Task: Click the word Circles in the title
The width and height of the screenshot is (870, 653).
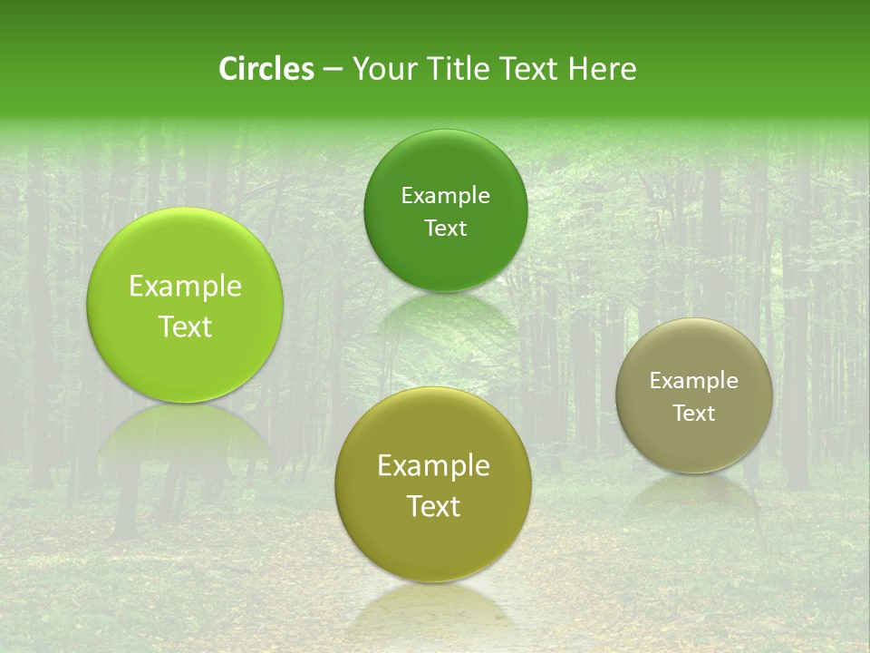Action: (x=266, y=69)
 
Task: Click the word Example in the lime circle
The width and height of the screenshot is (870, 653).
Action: (x=185, y=287)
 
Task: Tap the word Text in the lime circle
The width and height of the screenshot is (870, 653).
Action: (x=185, y=327)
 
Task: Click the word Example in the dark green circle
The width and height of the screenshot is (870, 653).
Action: (x=445, y=196)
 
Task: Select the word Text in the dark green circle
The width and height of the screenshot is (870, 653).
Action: (x=445, y=229)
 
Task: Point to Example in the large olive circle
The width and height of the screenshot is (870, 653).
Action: (x=433, y=466)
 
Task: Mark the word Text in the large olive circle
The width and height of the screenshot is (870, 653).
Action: (x=433, y=506)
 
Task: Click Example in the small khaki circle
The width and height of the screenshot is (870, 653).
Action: (x=694, y=381)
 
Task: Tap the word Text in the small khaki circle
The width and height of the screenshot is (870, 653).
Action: (x=694, y=414)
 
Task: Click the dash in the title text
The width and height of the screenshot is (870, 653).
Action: (x=333, y=70)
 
